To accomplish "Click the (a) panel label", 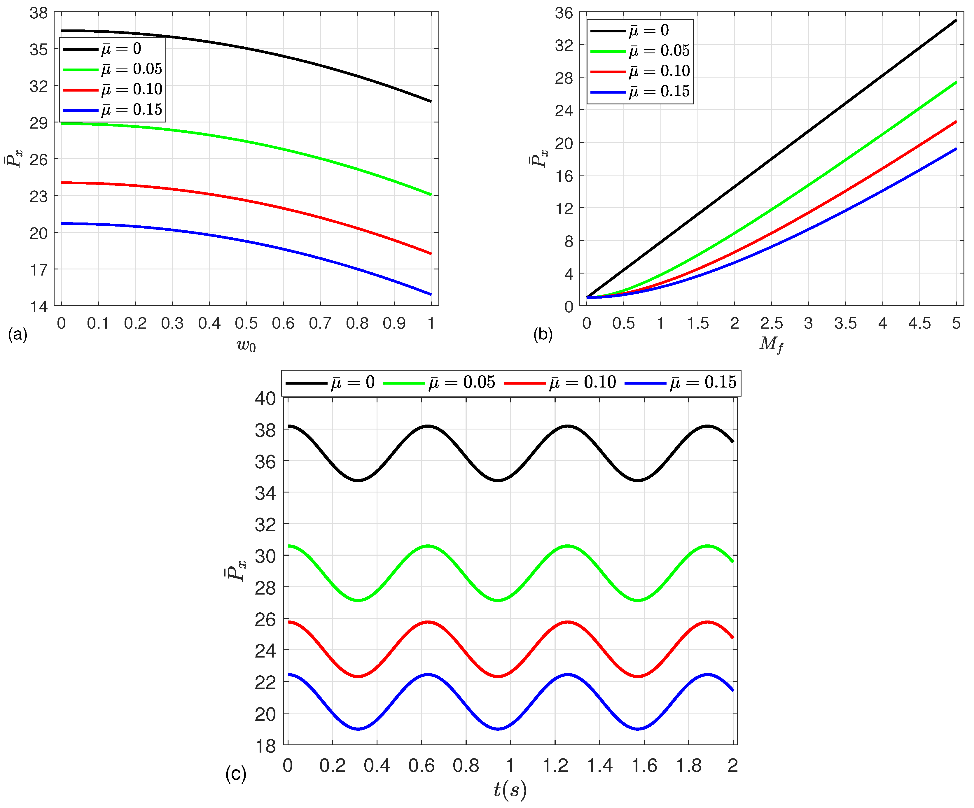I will [18, 334].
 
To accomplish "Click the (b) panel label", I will [543, 334].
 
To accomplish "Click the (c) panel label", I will [236, 774].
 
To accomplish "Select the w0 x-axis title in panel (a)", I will [246, 345].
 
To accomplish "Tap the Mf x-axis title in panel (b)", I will [771, 344].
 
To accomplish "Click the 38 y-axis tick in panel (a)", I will [39, 13].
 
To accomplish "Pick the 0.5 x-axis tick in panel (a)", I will [246, 323].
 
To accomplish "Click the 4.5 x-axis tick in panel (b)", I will [919, 323].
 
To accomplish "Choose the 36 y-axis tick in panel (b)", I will [564, 13].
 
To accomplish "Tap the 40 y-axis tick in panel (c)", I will [265, 398].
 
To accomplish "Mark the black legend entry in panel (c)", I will [330, 383].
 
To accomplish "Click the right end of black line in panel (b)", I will [956, 20].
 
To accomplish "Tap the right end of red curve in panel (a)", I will [431, 254].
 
